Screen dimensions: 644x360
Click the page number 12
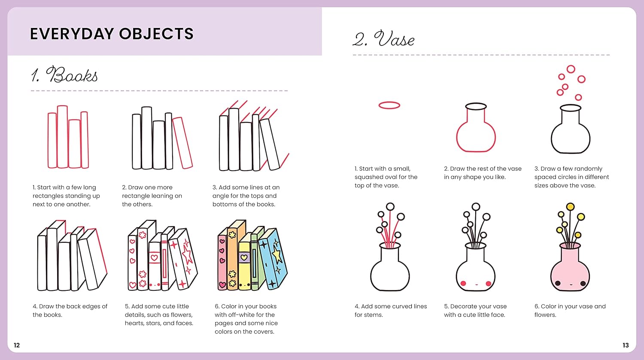tap(17, 345)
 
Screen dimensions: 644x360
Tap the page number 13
tap(626, 345)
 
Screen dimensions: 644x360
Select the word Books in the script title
tap(72, 75)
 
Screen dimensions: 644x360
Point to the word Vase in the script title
tap(394, 39)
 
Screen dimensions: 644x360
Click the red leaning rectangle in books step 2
tap(182, 143)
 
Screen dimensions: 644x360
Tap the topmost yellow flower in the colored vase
tap(571, 207)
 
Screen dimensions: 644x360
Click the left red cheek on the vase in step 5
tap(463, 284)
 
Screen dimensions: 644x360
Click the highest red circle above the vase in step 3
tap(571, 69)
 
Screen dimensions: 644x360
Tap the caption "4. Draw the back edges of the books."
tap(70, 311)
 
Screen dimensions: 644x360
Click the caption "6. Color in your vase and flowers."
tap(570, 311)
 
